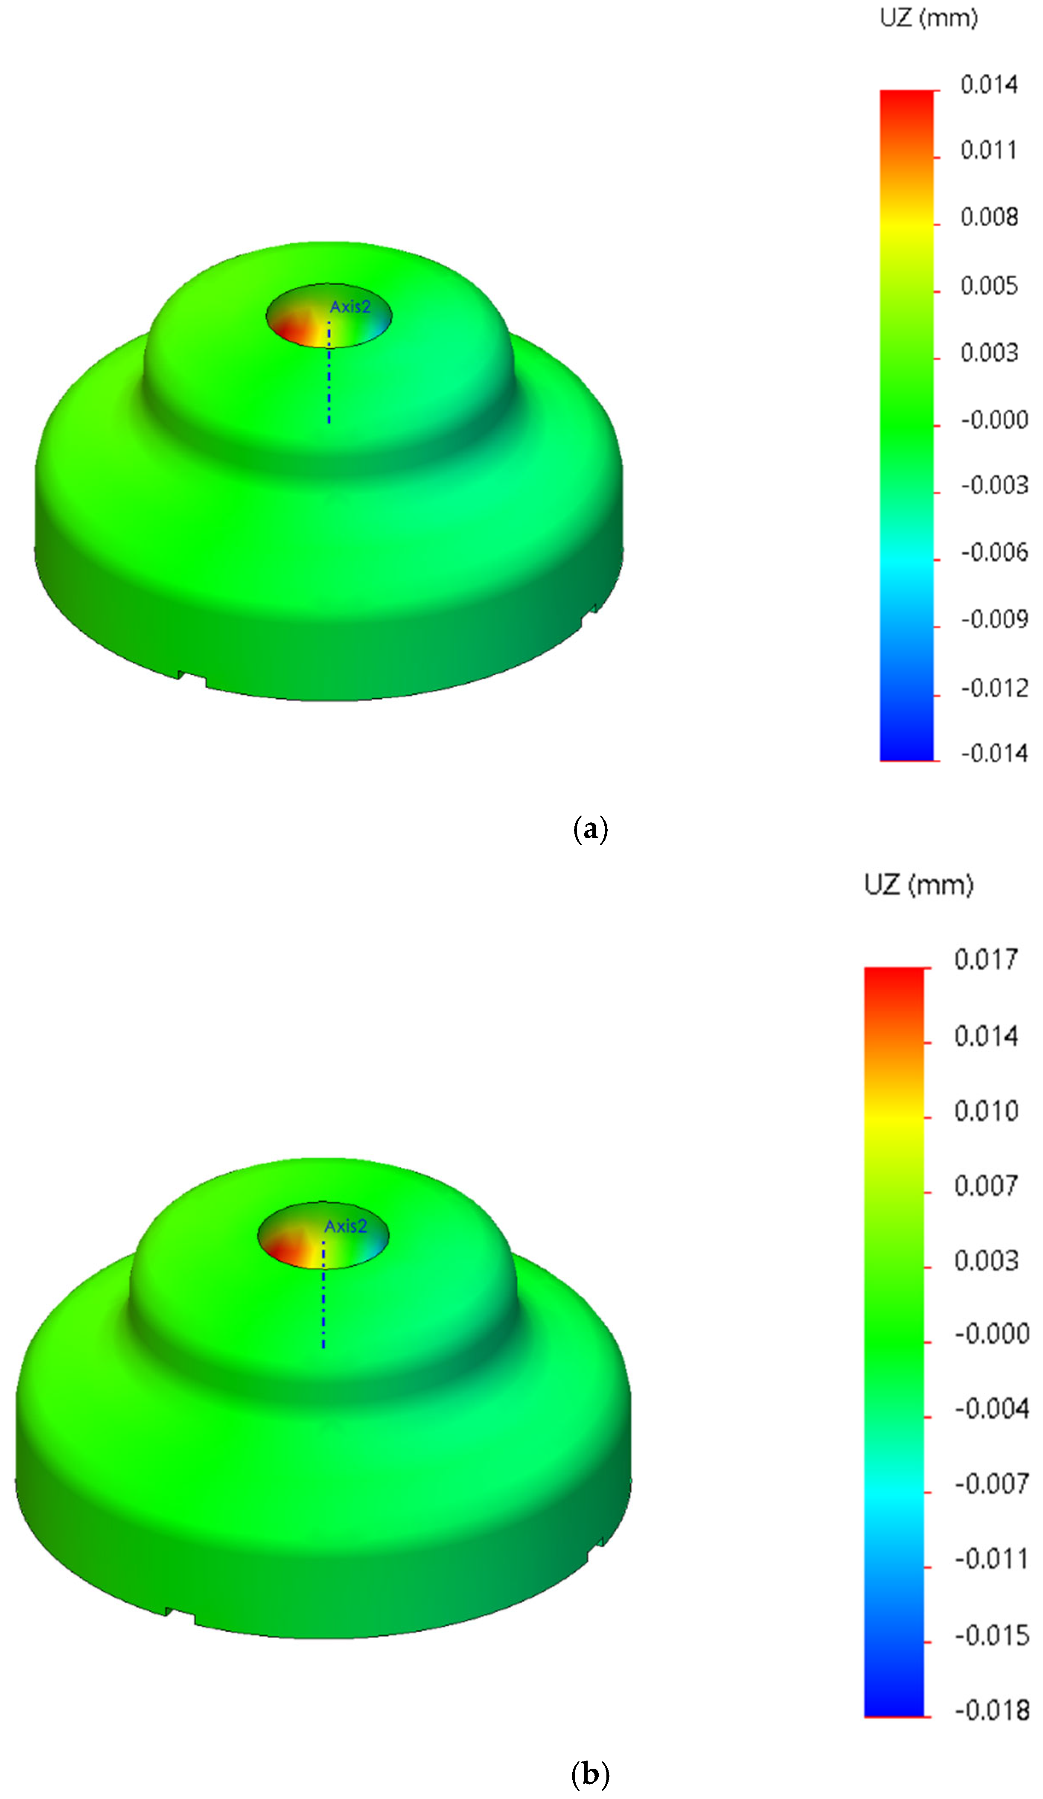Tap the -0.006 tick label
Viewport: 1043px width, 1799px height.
tap(994, 552)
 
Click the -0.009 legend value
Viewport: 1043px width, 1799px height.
tap(994, 619)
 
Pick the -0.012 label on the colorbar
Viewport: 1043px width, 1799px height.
tap(994, 688)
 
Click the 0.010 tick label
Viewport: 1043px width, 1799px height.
tap(986, 1111)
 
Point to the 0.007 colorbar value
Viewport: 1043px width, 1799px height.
tap(986, 1186)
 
